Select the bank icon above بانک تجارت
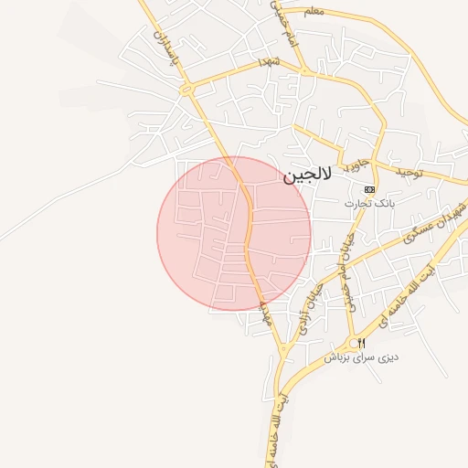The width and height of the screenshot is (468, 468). click(369, 189)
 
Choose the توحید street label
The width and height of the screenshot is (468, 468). click(411, 173)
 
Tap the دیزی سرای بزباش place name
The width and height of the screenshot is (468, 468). click(362, 357)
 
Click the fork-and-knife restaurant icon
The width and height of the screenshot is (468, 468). click(361, 343)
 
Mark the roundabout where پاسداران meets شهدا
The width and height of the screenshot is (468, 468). click(186, 89)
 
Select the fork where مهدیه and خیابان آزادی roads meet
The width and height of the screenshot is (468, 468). click(284, 350)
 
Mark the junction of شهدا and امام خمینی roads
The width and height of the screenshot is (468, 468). click(303, 69)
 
